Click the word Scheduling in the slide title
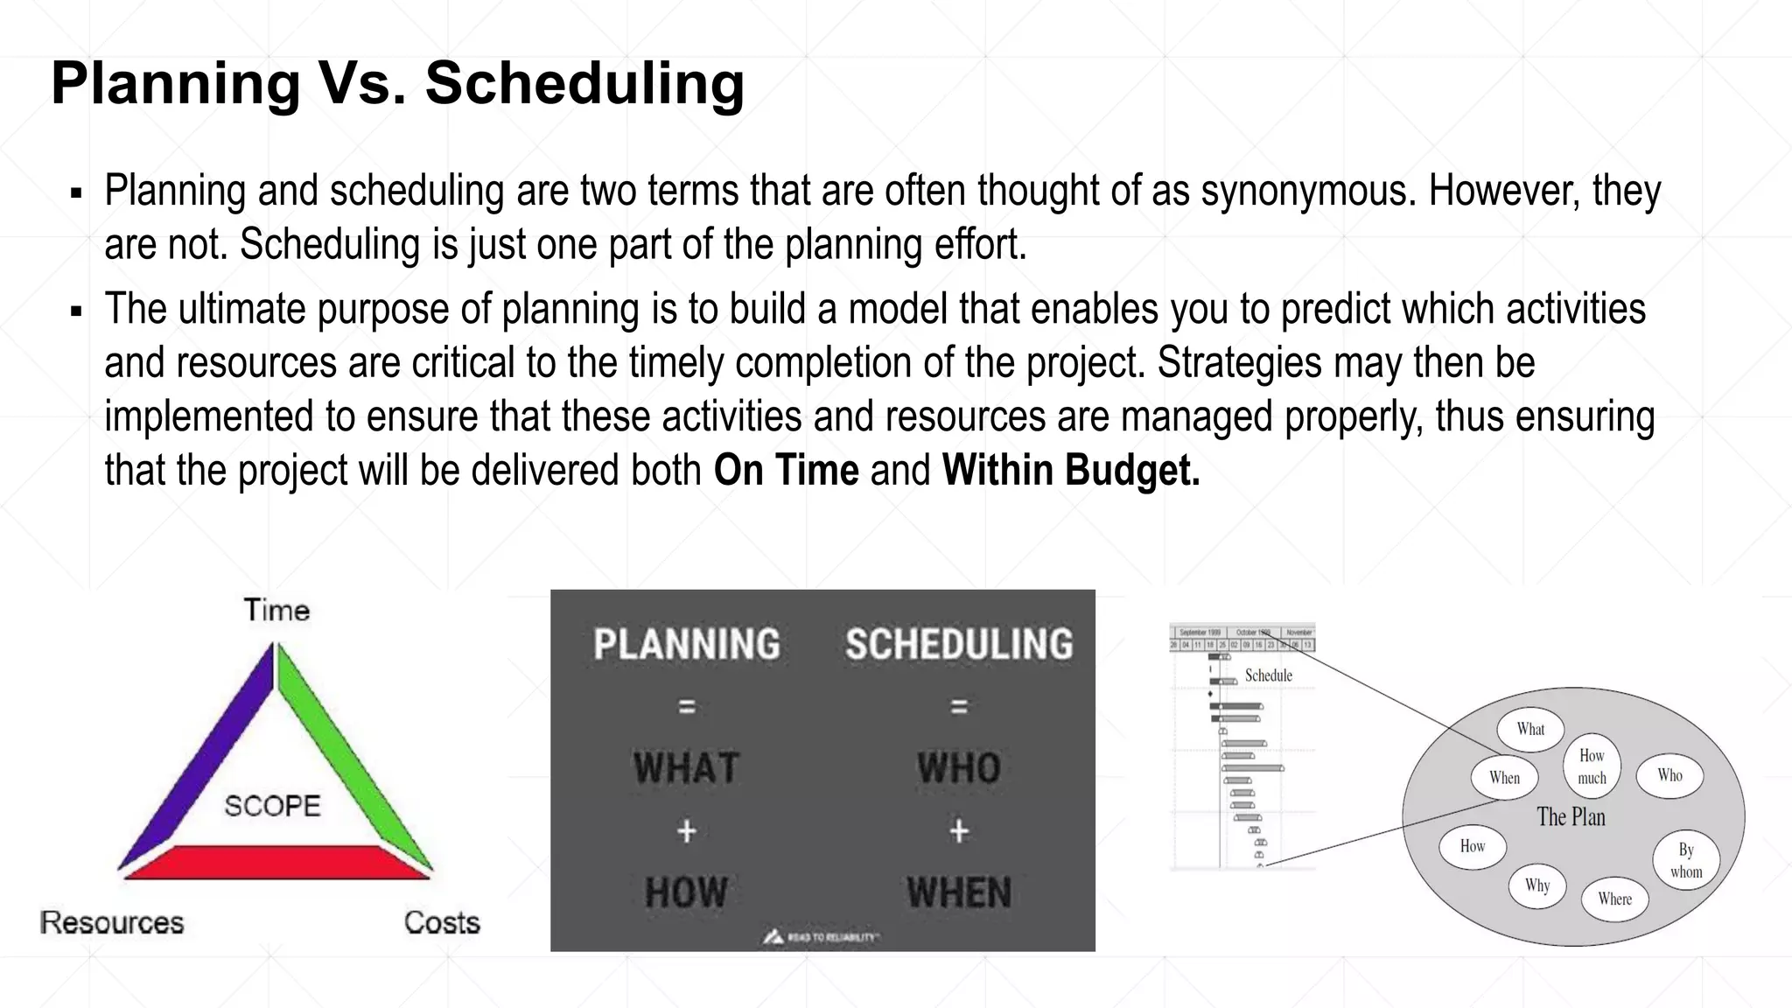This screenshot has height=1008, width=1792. (x=584, y=85)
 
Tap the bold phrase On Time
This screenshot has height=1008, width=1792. (x=786, y=471)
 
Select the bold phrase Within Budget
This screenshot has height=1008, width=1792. (x=1070, y=471)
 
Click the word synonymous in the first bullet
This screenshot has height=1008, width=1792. (x=1308, y=192)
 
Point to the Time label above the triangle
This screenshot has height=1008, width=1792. (x=276, y=610)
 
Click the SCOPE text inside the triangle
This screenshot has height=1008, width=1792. (x=272, y=806)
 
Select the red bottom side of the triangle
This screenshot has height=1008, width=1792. (x=275, y=862)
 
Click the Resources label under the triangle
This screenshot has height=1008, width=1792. (x=112, y=923)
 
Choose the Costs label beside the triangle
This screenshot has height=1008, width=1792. (x=442, y=923)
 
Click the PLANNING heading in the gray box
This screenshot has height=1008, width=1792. (x=687, y=645)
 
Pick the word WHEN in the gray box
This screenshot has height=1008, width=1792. (x=959, y=893)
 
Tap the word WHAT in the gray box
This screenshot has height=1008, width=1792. (x=687, y=768)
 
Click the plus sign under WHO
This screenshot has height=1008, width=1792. (x=959, y=831)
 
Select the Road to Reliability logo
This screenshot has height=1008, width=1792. (x=821, y=937)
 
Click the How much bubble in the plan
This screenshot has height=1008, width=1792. (x=1592, y=766)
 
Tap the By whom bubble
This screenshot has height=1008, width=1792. (x=1686, y=860)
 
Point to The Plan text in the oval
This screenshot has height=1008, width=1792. (x=1571, y=817)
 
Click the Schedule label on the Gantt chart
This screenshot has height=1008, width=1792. (x=1268, y=675)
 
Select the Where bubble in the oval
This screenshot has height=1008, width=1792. (x=1614, y=899)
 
